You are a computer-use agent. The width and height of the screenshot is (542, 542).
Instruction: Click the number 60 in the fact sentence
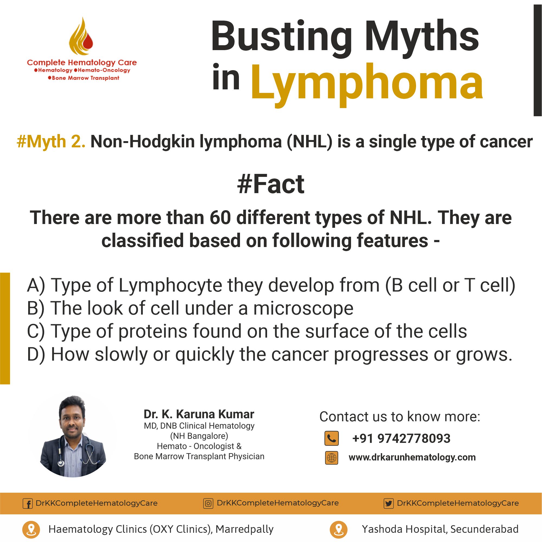pos(220,218)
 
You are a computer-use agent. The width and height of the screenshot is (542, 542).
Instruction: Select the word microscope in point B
pos(303,308)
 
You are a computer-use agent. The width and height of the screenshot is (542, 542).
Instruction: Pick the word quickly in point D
pos(205,355)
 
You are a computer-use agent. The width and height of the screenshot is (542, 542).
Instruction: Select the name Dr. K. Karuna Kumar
pos(199,414)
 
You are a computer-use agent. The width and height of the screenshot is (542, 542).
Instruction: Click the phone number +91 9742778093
pos(401,439)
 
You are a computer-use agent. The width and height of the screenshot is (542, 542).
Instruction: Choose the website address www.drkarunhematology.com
pos(412,457)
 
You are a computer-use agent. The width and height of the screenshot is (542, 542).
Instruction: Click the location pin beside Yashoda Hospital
pos(339,529)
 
